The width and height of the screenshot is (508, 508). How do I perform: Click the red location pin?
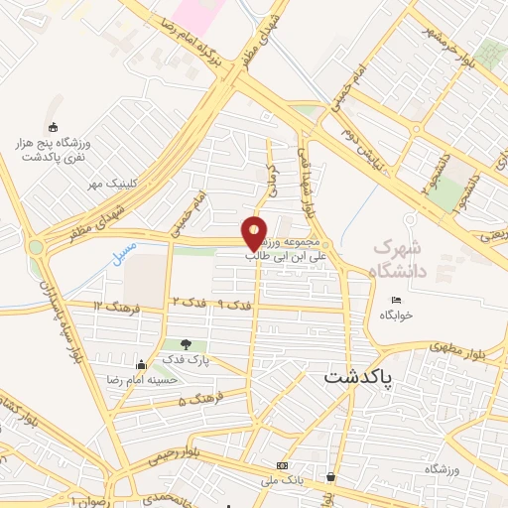point(255,232)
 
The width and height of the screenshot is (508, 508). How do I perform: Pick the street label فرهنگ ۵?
point(195,400)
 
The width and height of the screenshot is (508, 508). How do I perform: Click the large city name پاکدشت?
point(358,377)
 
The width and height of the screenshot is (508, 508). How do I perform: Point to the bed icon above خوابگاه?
point(397,300)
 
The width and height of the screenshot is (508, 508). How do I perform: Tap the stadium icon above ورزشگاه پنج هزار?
point(53,126)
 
